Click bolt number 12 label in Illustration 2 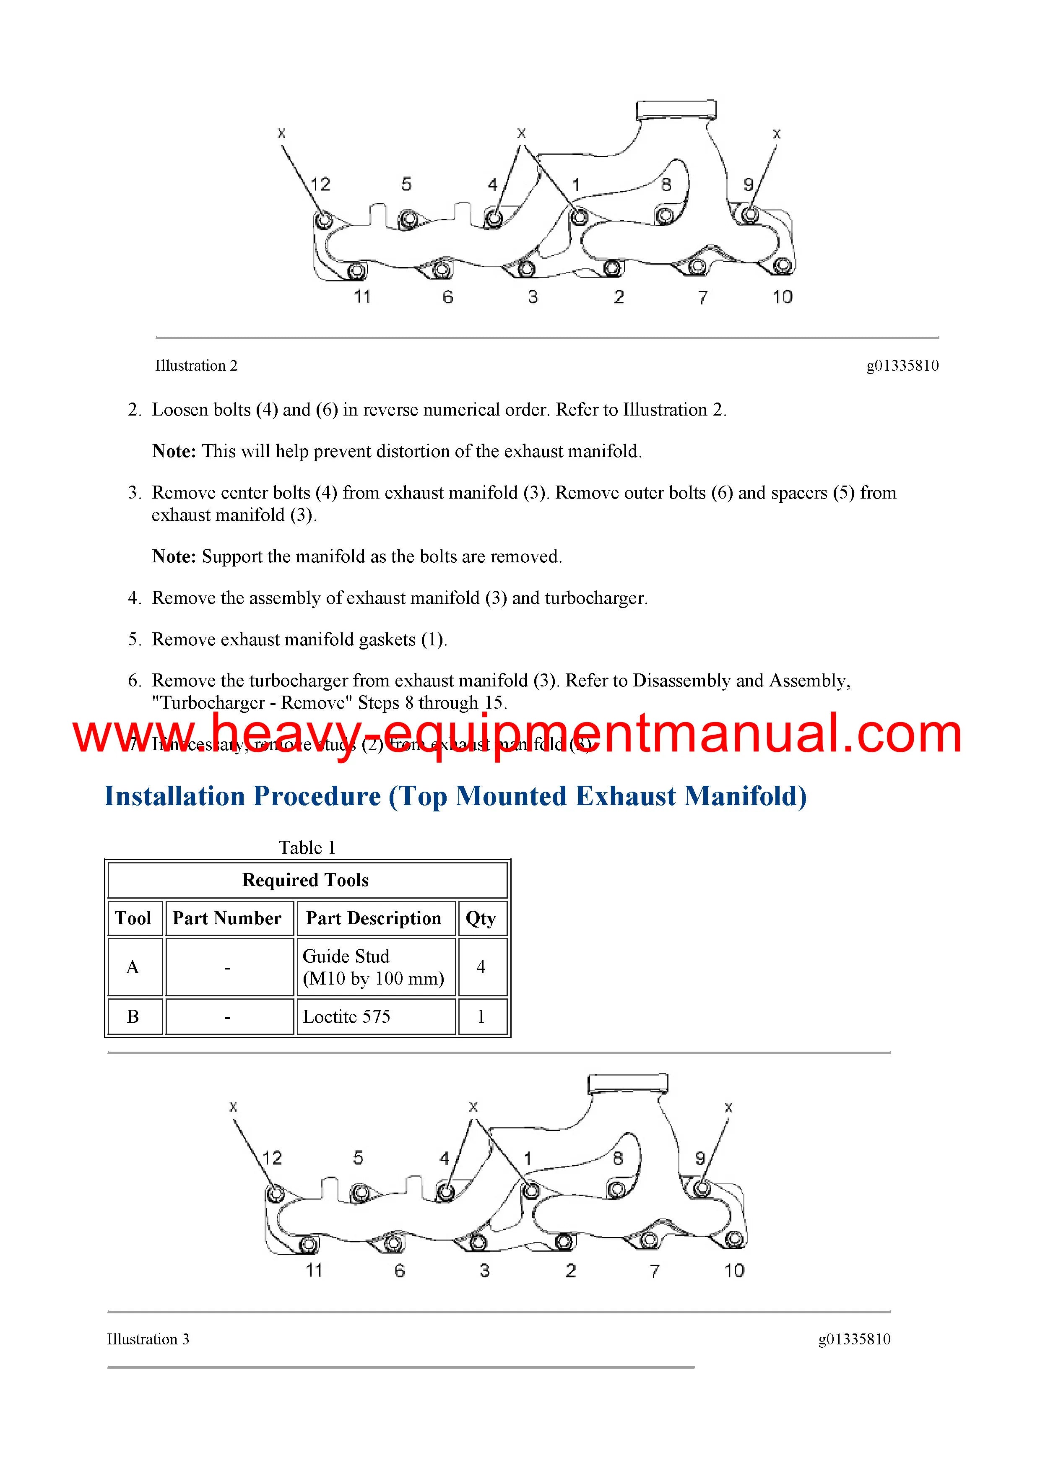[320, 185]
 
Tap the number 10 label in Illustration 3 [734, 1271]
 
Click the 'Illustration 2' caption [196, 366]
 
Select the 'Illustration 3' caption [148, 1339]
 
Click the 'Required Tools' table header [306, 880]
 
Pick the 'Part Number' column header [227, 918]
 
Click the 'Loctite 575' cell [347, 1017]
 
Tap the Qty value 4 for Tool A [481, 967]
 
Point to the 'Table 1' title [307, 847]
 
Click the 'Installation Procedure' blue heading [455, 796]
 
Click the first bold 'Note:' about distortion [174, 451]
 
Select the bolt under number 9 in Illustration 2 [749, 215]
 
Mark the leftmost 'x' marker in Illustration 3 [233, 1107]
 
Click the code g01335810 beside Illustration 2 [902, 366]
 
